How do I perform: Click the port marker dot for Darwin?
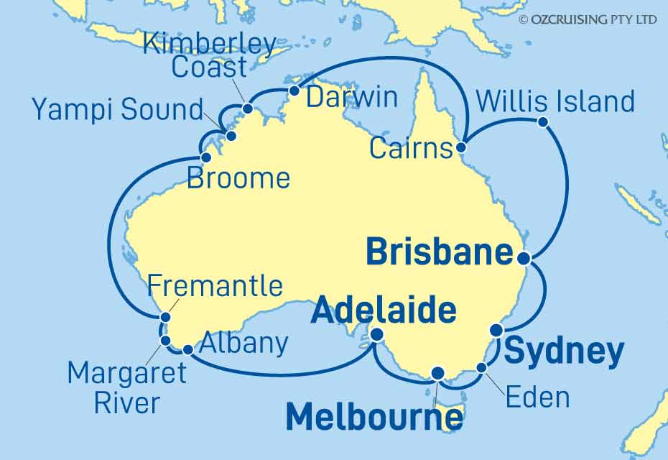coord(294,91)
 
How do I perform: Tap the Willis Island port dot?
coord(543,122)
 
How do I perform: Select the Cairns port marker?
coord(461,147)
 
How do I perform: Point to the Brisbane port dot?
coord(524,258)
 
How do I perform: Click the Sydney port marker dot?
coord(496,330)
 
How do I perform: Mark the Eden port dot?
coord(482,368)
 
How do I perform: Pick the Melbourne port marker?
coord(437,372)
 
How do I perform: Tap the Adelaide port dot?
coord(376,333)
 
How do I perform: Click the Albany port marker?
coord(187,350)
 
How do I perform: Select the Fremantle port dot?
coord(165,317)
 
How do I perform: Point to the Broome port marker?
coord(206,157)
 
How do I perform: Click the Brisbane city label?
coord(440,254)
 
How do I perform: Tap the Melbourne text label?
coord(374,418)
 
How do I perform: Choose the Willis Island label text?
coord(555,101)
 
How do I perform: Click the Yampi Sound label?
coord(118,110)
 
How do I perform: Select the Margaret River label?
coord(126,388)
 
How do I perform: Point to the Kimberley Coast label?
coord(208,56)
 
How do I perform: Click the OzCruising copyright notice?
coord(587,19)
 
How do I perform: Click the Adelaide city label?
coord(384,312)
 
